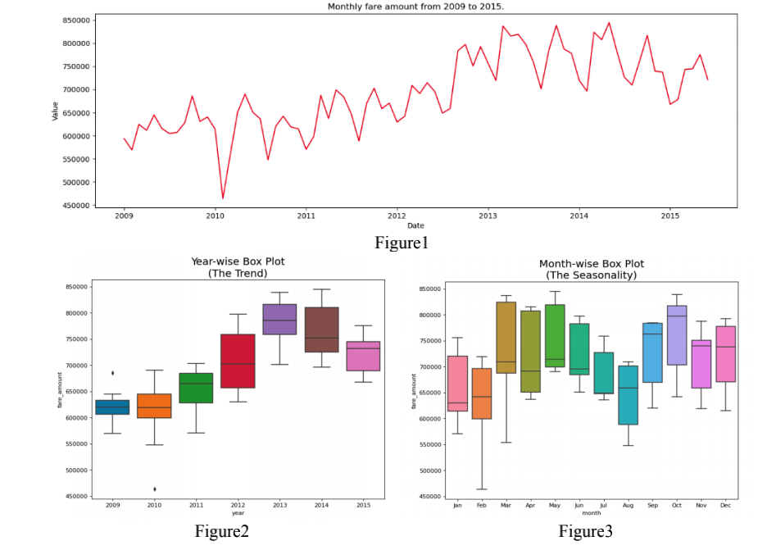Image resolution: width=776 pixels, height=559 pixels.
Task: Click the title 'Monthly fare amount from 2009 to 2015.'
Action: click(x=416, y=7)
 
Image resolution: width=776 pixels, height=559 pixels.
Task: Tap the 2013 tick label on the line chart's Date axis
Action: click(x=488, y=216)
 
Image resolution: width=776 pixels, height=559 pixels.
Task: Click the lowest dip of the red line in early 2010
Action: click(x=222, y=198)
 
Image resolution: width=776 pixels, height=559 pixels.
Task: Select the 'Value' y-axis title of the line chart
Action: click(x=55, y=111)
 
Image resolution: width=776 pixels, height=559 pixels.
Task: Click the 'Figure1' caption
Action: click(x=402, y=243)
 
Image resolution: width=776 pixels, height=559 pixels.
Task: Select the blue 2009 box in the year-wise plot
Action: click(x=112, y=407)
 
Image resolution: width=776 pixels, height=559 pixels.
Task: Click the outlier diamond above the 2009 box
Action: click(x=112, y=373)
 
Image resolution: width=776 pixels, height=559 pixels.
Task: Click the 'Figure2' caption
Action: click(x=221, y=531)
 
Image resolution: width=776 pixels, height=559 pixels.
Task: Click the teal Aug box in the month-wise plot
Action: click(x=629, y=394)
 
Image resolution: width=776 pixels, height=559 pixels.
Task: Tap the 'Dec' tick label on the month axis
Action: click(x=725, y=505)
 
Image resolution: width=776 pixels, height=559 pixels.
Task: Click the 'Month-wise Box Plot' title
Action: click(x=591, y=264)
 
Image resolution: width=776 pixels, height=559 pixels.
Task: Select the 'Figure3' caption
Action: click(x=585, y=531)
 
